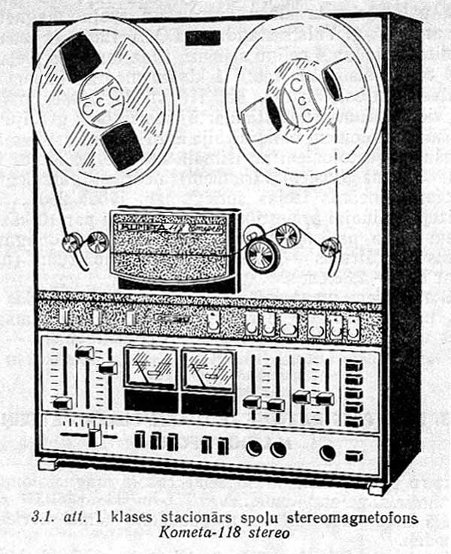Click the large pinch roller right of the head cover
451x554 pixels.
(x=262, y=256)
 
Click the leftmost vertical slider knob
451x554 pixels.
(x=62, y=403)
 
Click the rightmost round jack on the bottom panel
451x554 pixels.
(x=328, y=453)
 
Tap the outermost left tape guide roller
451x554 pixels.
(x=72, y=243)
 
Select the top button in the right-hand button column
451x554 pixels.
(x=354, y=365)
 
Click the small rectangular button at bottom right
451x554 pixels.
(x=353, y=455)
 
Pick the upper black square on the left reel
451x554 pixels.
(x=80, y=58)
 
